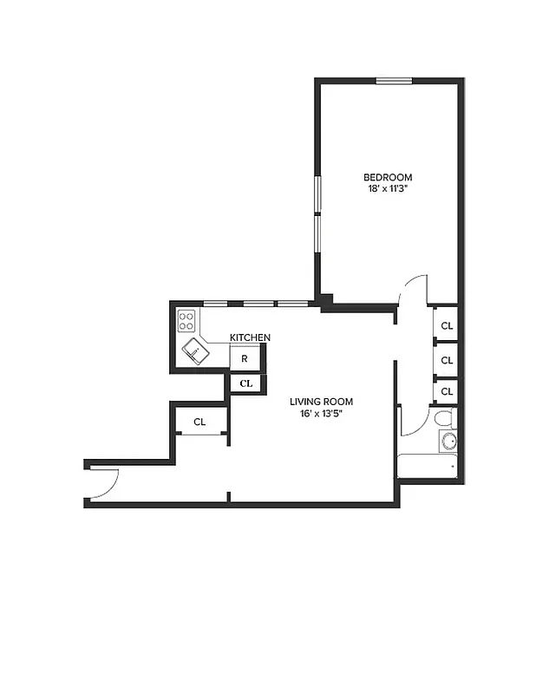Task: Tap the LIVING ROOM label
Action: (321, 402)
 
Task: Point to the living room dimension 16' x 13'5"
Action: (321, 413)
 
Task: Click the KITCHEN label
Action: (250, 337)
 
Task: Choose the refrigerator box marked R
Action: (245, 357)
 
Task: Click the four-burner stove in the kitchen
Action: (186, 322)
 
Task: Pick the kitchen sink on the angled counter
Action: (197, 350)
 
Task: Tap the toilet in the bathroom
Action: (444, 420)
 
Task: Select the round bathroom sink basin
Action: (448, 442)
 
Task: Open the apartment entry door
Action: (103, 483)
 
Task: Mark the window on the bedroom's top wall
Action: (393, 82)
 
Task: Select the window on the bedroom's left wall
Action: (318, 208)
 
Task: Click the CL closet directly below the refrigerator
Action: (245, 383)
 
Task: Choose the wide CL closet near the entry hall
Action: (199, 422)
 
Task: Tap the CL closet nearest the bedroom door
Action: (447, 326)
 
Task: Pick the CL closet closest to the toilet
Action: (447, 391)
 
